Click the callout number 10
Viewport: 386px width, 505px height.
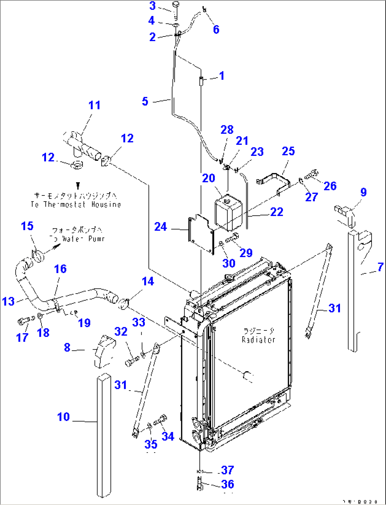coord(64,417)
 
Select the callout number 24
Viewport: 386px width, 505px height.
coord(160,227)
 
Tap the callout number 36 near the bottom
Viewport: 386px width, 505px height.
coord(227,484)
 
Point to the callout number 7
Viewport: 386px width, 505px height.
coord(380,267)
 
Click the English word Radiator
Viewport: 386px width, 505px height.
coord(259,340)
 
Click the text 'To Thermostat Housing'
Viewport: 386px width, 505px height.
coord(76,205)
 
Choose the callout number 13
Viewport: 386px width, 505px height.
coord(8,301)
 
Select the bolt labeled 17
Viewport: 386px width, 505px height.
coord(24,321)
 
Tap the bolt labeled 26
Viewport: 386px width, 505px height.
coord(312,174)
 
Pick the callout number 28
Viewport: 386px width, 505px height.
coord(227,130)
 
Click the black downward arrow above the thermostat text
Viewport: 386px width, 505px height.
coord(78,185)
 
